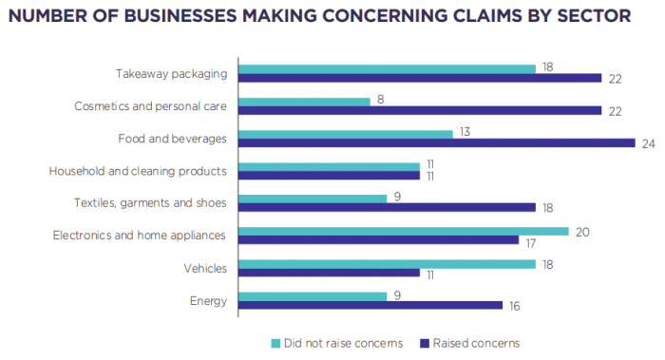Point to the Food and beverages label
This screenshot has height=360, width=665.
point(172,139)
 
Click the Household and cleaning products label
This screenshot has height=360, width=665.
point(138,172)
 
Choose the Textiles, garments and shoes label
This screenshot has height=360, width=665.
point(150,203)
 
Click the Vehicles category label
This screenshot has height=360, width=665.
point(205,269)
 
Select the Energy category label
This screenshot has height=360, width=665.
point(209,301)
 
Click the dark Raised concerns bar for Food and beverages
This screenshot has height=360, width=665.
point(436,143)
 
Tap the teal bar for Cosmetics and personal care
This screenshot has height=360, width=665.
point(304,101)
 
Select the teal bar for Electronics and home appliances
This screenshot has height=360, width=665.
point(403,231)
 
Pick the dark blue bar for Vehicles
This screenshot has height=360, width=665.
point(329,273)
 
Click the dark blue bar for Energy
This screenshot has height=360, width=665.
point(370,305)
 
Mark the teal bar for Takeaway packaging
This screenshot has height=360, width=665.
point(387,68)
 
